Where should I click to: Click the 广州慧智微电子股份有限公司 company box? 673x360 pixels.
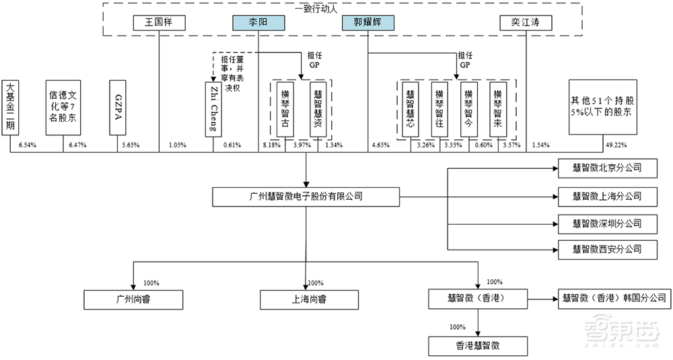pyautogui.click(x=306, y=197)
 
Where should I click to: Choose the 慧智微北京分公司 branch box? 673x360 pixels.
pyautogui.click(x=607, y=169)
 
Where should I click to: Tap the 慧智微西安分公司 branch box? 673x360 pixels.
pyautogui.click(x=607, y=249)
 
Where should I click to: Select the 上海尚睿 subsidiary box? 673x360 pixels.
pyautogui.click(x=306, y=298)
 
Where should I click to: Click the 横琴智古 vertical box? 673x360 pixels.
pyautogui.click(x=285, y=110)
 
